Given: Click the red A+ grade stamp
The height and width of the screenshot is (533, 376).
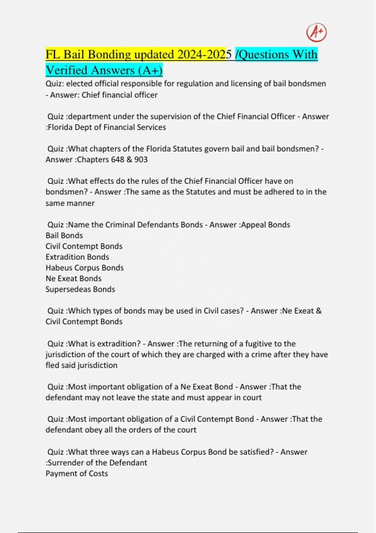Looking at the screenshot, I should (x=316, y=32).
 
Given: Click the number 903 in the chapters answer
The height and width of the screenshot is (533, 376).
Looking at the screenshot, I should (x=141, y=160).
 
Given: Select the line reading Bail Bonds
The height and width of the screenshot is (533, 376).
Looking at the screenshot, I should (x=64, y=235).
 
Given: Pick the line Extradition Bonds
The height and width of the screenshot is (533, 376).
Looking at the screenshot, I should (x=77, y=257).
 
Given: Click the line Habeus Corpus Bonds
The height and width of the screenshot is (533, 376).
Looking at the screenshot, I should (x=85, y=268).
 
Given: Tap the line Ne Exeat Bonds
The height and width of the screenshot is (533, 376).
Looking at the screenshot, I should (x=73, y=278).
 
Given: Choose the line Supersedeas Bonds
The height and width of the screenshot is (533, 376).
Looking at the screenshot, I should (x=80, y=289).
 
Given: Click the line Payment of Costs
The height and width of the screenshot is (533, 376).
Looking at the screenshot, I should (x=77, y=473).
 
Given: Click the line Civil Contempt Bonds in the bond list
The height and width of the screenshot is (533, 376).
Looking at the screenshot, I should (x=84, y=246).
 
